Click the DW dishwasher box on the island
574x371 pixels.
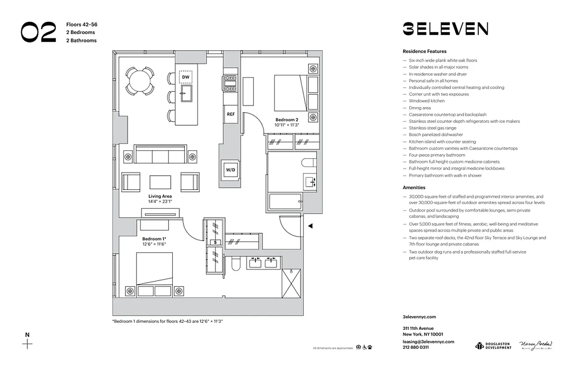pos(186,77)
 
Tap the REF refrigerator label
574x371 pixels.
pos(230,114)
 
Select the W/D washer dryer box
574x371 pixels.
pos(231,170)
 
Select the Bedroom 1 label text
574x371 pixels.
pos(154,239)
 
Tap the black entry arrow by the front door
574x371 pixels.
pos(311,226)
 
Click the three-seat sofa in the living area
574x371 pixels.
pos(160,154)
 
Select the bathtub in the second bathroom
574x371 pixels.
pos(286,203)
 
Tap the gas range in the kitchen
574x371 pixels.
pos(230,83)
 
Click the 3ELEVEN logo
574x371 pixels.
pos(445,29)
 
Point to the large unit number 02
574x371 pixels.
pos(39,32)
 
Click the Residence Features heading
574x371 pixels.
pos(424,51)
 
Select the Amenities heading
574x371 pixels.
pos(414,188)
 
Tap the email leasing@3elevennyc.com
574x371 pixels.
pos(428,341)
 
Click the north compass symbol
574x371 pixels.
pos(28,344)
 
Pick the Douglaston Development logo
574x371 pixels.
pos(493,345)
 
